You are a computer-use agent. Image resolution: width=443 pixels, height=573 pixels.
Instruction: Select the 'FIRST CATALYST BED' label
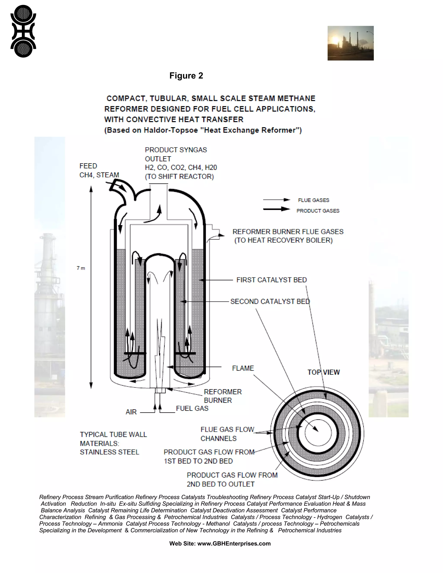271,280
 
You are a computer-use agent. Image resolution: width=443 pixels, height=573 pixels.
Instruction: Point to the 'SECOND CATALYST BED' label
270,301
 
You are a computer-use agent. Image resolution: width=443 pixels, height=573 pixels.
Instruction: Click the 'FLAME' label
243,368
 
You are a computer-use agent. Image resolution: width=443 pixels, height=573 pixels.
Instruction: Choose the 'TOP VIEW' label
324,372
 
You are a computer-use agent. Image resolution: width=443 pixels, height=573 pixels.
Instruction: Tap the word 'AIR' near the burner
131,412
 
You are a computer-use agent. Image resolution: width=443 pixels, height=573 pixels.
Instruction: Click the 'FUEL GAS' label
192,408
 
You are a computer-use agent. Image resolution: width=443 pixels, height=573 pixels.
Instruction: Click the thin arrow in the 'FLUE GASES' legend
277,200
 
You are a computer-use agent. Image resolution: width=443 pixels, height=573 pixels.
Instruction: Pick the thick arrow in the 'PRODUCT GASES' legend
277,209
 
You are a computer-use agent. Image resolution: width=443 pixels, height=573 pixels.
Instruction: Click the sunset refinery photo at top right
350,43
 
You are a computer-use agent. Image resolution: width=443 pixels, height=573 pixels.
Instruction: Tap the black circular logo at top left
23,31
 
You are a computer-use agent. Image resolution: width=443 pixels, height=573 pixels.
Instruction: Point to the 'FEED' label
88,166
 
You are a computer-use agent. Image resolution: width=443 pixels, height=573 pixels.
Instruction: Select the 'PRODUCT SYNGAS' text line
176,150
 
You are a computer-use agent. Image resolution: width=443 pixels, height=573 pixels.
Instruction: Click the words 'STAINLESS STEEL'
109,452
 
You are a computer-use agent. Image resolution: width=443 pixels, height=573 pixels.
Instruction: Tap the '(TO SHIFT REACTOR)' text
179,177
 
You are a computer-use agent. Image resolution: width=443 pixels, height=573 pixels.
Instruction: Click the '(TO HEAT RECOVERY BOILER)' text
283,240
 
